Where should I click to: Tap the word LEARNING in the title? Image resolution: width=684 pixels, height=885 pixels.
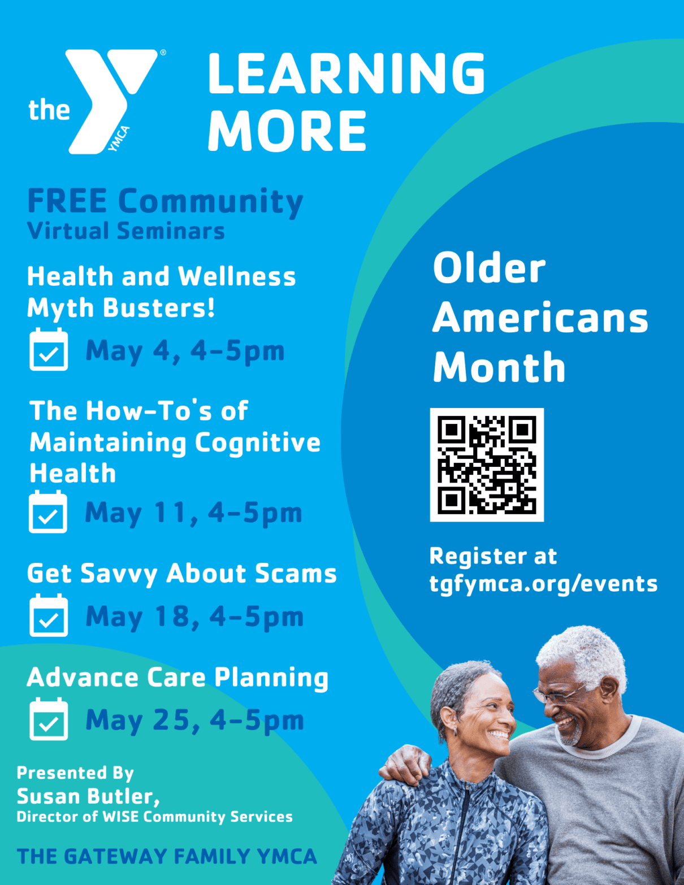point(346,73)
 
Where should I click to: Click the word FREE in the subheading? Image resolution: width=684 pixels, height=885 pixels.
point(67,201)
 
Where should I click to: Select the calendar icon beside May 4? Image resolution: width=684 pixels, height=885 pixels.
point(49,350)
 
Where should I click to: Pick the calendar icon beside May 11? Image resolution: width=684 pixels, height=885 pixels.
point(48,512)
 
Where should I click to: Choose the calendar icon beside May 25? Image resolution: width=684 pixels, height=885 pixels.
point(49,719)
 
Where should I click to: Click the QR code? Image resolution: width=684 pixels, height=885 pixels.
point(487,465)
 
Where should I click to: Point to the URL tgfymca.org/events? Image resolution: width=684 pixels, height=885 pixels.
point(543,584)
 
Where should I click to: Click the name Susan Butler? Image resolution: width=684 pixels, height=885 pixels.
point(88,796)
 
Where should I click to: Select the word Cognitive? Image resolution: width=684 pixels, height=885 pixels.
point(257,442)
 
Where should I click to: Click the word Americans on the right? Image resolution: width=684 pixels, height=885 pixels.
point(540,318)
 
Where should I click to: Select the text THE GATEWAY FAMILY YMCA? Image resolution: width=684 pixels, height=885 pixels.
point(167,857)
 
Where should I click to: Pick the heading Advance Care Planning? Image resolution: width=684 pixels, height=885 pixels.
point(178,678)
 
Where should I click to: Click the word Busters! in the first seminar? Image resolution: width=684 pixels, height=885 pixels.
point(159,308)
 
